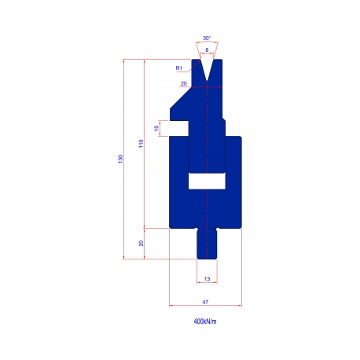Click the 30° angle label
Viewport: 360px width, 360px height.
tap(207, 38)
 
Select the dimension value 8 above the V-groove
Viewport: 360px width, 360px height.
tap(207, 50)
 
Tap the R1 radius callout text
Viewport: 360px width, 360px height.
tap(179, 68)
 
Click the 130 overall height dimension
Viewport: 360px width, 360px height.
tap(120, 159)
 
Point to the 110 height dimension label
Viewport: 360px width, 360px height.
tap(141, 144)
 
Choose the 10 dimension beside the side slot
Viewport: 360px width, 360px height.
tap(156, 128)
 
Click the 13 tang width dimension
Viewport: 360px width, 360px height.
tap(207, 279)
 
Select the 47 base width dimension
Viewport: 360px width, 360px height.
tap(205, 302)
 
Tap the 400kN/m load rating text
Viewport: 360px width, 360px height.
tap(205, 321)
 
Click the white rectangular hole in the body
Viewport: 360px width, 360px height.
tap(207, 181)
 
